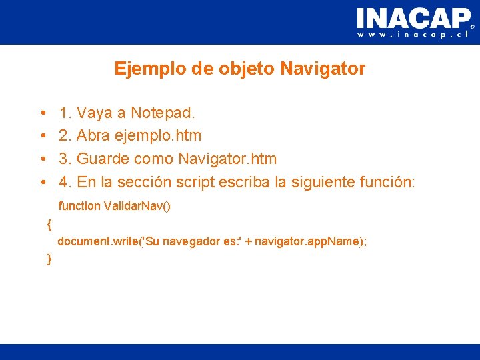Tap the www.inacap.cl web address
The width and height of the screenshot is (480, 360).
(x=414, y=34)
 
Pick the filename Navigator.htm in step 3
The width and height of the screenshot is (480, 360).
(x=227, y=159)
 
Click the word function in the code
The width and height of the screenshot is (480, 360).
(x=79, y=206)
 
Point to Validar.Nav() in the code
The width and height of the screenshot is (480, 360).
(x=137, y=206)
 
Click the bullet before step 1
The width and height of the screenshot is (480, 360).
(x=42, y=113)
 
